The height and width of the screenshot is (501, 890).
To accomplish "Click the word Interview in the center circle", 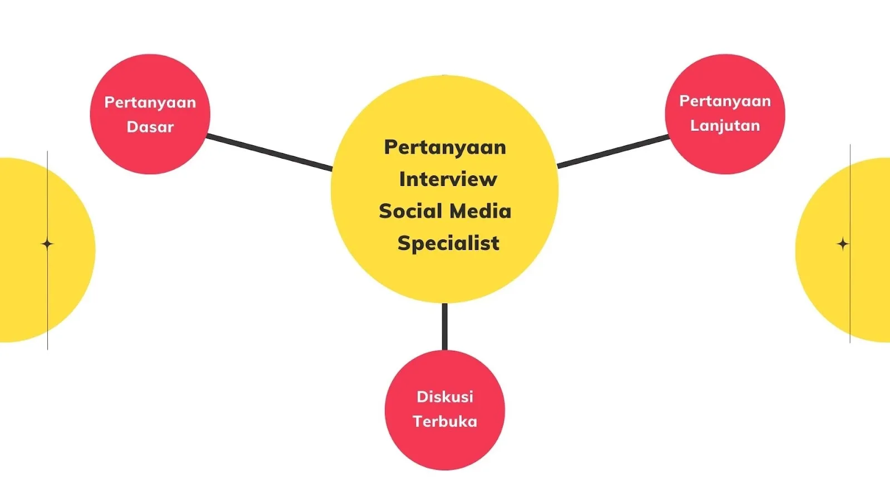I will click(x=448, y=179).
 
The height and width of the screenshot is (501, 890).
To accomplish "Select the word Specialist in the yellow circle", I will click(x=448, y=243).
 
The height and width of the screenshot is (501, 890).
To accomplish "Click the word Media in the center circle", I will click(x=480, y=211).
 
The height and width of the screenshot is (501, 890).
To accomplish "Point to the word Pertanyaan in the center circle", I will click(x=445, y=147).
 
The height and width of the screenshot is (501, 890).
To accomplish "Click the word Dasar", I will click(x=150, y=127).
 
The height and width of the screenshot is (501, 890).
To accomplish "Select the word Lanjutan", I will click(x=725, y=126).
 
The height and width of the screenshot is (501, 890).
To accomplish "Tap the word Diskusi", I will click(x=445, y=397).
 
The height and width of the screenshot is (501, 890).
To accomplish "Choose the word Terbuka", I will click(x=445, y=421).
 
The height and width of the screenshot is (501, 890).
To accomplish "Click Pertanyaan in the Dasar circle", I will click(x=150, y=102).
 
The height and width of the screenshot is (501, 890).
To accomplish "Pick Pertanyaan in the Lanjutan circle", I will click(x=725, y=101).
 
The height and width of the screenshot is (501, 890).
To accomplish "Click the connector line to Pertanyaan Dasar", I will click(x=270, y=151).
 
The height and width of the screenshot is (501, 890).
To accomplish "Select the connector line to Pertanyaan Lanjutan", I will click(x=613, y=151).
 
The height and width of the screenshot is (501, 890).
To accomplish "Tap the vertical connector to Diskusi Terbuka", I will click(x=444, y=327).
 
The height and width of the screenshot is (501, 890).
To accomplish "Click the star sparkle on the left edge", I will click(x=47, y=244).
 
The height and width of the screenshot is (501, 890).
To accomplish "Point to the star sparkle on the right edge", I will click(x=843, y=244).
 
